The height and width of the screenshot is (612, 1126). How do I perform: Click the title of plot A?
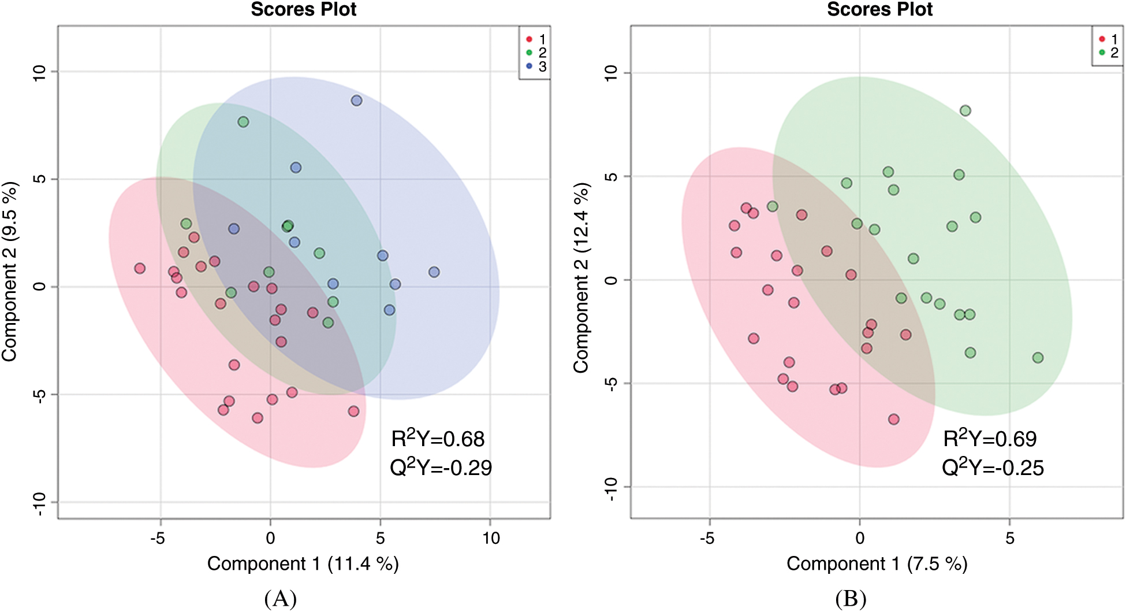coord(304,9)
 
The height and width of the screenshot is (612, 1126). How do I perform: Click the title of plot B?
coord(879,9)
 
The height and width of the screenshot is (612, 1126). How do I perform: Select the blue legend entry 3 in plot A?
coord(536,66)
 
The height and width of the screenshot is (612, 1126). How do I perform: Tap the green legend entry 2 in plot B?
coord(1109,53)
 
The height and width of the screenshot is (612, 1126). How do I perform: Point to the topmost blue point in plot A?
coord(356,101)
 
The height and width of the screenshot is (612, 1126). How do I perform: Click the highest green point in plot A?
coord(243,122)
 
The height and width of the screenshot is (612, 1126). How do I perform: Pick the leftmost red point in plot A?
coord(140,268)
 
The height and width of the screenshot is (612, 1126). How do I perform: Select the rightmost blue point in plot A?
coord(434,272)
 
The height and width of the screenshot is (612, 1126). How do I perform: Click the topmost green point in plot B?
coord(965,110)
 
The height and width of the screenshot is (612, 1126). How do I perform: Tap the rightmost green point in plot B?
coord(1038,358)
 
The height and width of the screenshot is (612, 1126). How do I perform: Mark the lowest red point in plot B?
coord(893,419)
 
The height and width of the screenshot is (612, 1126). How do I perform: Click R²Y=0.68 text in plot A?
coord(438,439)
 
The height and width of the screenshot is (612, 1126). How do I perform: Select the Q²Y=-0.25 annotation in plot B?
coord(993,468)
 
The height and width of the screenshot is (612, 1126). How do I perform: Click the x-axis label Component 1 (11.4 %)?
coord(303,563)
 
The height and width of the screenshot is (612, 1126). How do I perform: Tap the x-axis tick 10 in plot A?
coord(491,539)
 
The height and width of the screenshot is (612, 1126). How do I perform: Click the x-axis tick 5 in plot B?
coord(1009,539)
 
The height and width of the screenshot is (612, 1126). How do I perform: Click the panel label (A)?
coord(281,599)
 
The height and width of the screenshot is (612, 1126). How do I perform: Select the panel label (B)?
coord(851,599)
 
